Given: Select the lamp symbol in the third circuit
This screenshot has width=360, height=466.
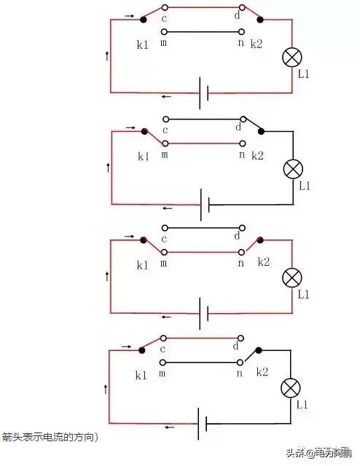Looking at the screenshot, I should (292, 277).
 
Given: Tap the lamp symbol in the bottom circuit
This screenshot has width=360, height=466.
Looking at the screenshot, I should (292, 387).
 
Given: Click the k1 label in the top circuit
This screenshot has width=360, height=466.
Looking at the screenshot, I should (143, 45).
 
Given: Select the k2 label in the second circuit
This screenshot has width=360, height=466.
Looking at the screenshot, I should (258, 156).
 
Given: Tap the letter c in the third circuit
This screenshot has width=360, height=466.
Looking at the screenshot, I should (164, 239).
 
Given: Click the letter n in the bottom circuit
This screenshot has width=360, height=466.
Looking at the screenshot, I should (240, 373).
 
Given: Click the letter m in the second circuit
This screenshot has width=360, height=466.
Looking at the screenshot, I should (165, 155).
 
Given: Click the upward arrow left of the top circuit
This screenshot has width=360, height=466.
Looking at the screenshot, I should (108, 56).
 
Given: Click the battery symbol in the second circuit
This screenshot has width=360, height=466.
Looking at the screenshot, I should (204, 205).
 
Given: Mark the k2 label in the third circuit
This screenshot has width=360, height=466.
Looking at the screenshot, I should (263, 262).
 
